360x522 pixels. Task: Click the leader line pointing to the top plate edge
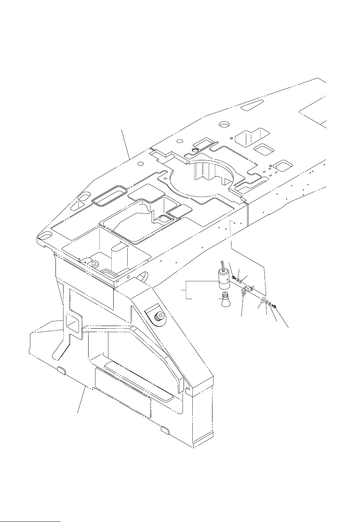(x=126, y=144)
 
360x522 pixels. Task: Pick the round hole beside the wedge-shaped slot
(x=224, y=124)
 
